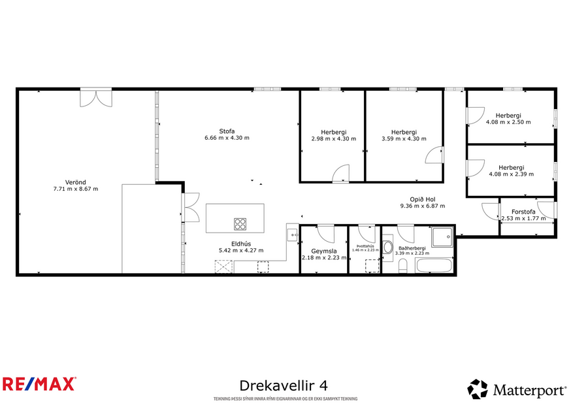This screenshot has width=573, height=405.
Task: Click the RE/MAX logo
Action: (x=39, y=383)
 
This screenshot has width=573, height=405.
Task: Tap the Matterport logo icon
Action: (x=477, y=389)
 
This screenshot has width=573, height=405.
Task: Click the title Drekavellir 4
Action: (x=284, y=385)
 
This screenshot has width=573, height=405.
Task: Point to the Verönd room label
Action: (x=75, y=182)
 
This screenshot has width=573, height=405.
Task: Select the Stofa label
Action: (x=227, y=131)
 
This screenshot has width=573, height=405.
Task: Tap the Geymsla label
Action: (x=323, y=250)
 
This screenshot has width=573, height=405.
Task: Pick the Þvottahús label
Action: (x=365, y=246)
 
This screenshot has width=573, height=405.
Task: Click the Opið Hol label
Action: (x=422, y=199)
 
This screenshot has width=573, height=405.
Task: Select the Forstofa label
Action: (x=523, y=212)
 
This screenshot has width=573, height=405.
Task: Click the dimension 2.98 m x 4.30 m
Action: (x=334, y=138)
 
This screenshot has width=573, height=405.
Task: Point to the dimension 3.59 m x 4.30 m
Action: (x=404, y=138)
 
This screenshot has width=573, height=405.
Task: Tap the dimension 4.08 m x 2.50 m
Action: (x=508, y=121)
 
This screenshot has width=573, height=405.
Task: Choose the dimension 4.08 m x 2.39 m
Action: (x=511, y=174)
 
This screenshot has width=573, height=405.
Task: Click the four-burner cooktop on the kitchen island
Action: (x=240, y=224)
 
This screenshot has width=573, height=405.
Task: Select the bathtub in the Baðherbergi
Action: (x=434, y=266)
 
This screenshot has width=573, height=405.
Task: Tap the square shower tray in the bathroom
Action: (x=442, y=236)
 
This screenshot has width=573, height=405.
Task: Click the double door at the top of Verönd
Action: (x=96, y=98)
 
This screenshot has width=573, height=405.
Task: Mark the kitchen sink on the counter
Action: (x=291, y=234)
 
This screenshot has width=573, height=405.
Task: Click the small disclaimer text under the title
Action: (x=285, y=398)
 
